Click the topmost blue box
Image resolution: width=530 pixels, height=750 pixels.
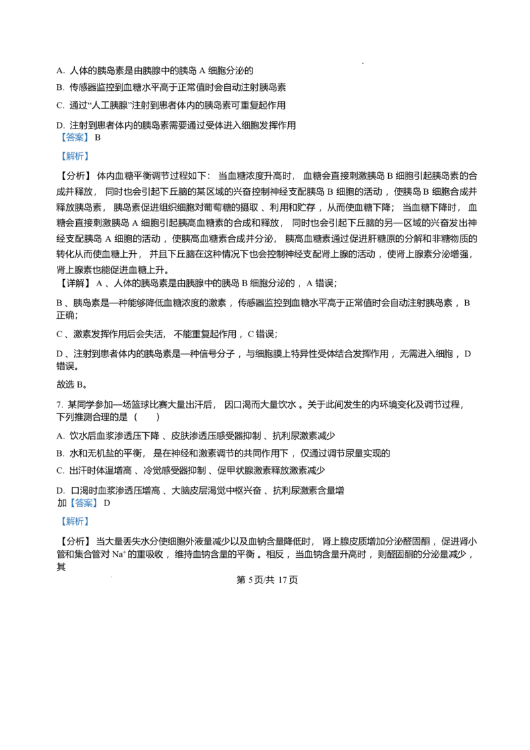(x=74, y=138)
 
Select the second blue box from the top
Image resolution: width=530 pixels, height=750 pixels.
(x=74, y=156)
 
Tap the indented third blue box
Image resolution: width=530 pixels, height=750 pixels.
(x=85, y=504)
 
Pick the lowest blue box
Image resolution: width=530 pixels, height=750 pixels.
(x=74, y=522)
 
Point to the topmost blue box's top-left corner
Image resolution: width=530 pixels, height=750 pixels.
(x=59, y=133)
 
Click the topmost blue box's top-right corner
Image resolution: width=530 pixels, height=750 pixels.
(x=89, y=133)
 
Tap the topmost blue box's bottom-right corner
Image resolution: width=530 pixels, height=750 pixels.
(x=89, y=143)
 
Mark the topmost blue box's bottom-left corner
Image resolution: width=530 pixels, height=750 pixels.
(x=59, y=143)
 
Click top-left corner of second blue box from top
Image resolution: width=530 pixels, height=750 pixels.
(x=59, y=150)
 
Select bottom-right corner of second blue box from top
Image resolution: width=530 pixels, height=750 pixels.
(x=89, y=163)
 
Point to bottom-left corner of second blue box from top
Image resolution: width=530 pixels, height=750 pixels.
(x=59, y=163)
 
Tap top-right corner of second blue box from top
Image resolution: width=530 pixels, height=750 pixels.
(x=89, y=150)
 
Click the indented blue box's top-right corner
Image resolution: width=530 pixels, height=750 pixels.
(x=100, y=498)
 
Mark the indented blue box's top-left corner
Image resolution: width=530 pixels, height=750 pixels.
(x=70, y=498)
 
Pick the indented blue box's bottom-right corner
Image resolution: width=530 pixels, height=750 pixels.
(x=100, y=509)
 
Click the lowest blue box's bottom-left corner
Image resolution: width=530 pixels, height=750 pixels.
(x=59, y=529)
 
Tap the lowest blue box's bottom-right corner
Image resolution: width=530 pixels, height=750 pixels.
(x=89, y=529)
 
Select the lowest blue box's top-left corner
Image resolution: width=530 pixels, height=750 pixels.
(x=59, y=515)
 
